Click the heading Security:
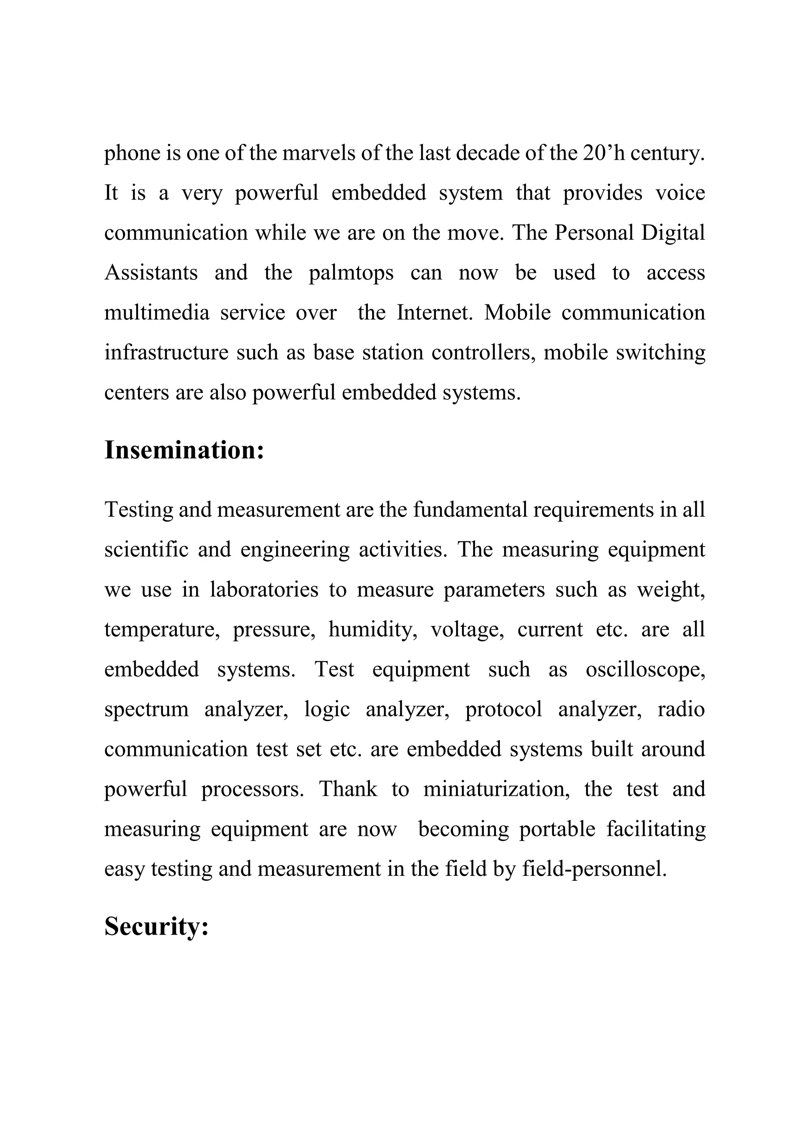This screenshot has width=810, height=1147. coord(156,926)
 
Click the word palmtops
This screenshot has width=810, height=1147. coord(351,273)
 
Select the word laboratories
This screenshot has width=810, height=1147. coord(264,590)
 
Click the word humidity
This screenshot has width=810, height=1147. coord(373,630)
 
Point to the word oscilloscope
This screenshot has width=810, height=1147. coord(645,670)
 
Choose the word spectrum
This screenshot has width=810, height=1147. coord(146,710)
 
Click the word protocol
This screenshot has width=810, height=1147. coord(503,710)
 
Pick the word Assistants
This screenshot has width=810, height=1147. coord(151,273)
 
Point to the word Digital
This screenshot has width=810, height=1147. coord(673,233)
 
